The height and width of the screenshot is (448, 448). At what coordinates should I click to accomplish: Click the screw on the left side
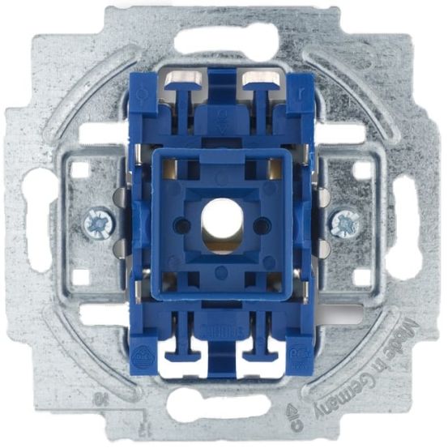click(96, 220)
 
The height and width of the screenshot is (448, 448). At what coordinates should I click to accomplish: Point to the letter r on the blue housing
click(302, 92)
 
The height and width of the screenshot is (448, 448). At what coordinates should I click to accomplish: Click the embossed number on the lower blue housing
click(220, 313)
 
